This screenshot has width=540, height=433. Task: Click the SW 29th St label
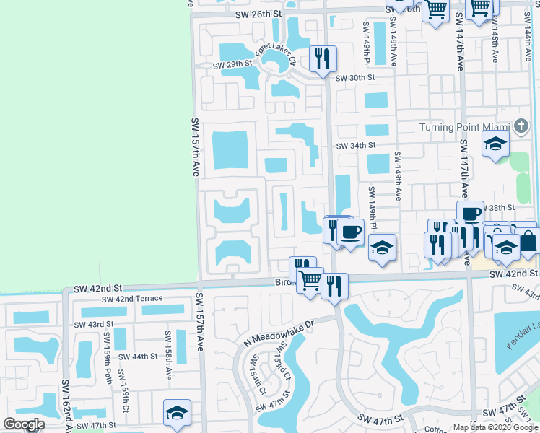(x=232, y=65)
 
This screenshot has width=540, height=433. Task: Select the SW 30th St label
(x=355, y=77)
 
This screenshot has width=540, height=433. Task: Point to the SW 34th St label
(x=355, y=145)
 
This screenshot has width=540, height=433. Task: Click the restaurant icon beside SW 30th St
(x=323, y=58)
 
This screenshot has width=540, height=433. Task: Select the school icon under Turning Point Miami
(x=496, y=144)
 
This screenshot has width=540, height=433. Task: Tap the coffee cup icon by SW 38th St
(x=470, y=214)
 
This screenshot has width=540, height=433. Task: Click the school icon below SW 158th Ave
(x=177, y=412)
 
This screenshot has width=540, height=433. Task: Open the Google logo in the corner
(x=24, y=424)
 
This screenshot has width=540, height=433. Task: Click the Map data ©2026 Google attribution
(x=495, y=427)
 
